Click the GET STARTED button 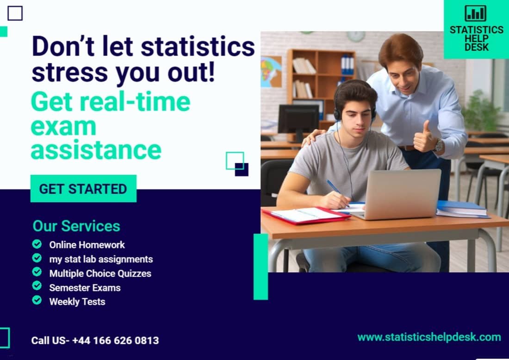coord(83,189)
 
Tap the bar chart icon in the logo coord(475,13)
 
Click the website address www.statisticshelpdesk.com coord(429,337)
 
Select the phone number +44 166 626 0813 coord(115,341)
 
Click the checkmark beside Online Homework coord(37,244)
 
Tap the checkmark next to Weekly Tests coord(37,301)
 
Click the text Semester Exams coord(85,287)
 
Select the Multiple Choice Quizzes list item coord(100,273)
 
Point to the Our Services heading coord(76,226)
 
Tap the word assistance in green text coord(96,150)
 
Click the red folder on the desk coord(306,216)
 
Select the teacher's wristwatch coord(439,145)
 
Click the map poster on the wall coord(271,71)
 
